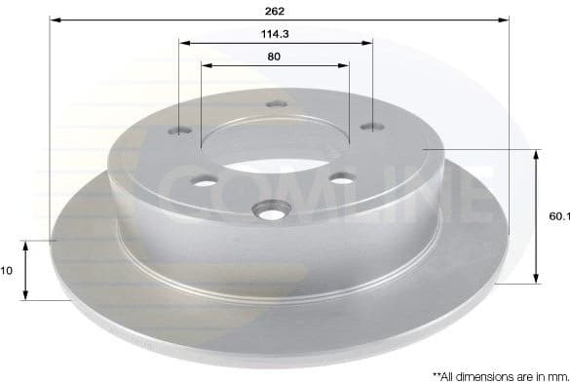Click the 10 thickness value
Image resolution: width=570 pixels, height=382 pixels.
(7, 272)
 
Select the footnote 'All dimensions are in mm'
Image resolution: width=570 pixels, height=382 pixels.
(505, 374)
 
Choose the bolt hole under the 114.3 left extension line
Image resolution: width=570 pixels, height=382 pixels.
(181, 129)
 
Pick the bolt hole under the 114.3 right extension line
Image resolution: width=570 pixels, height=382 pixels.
(371, 125)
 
